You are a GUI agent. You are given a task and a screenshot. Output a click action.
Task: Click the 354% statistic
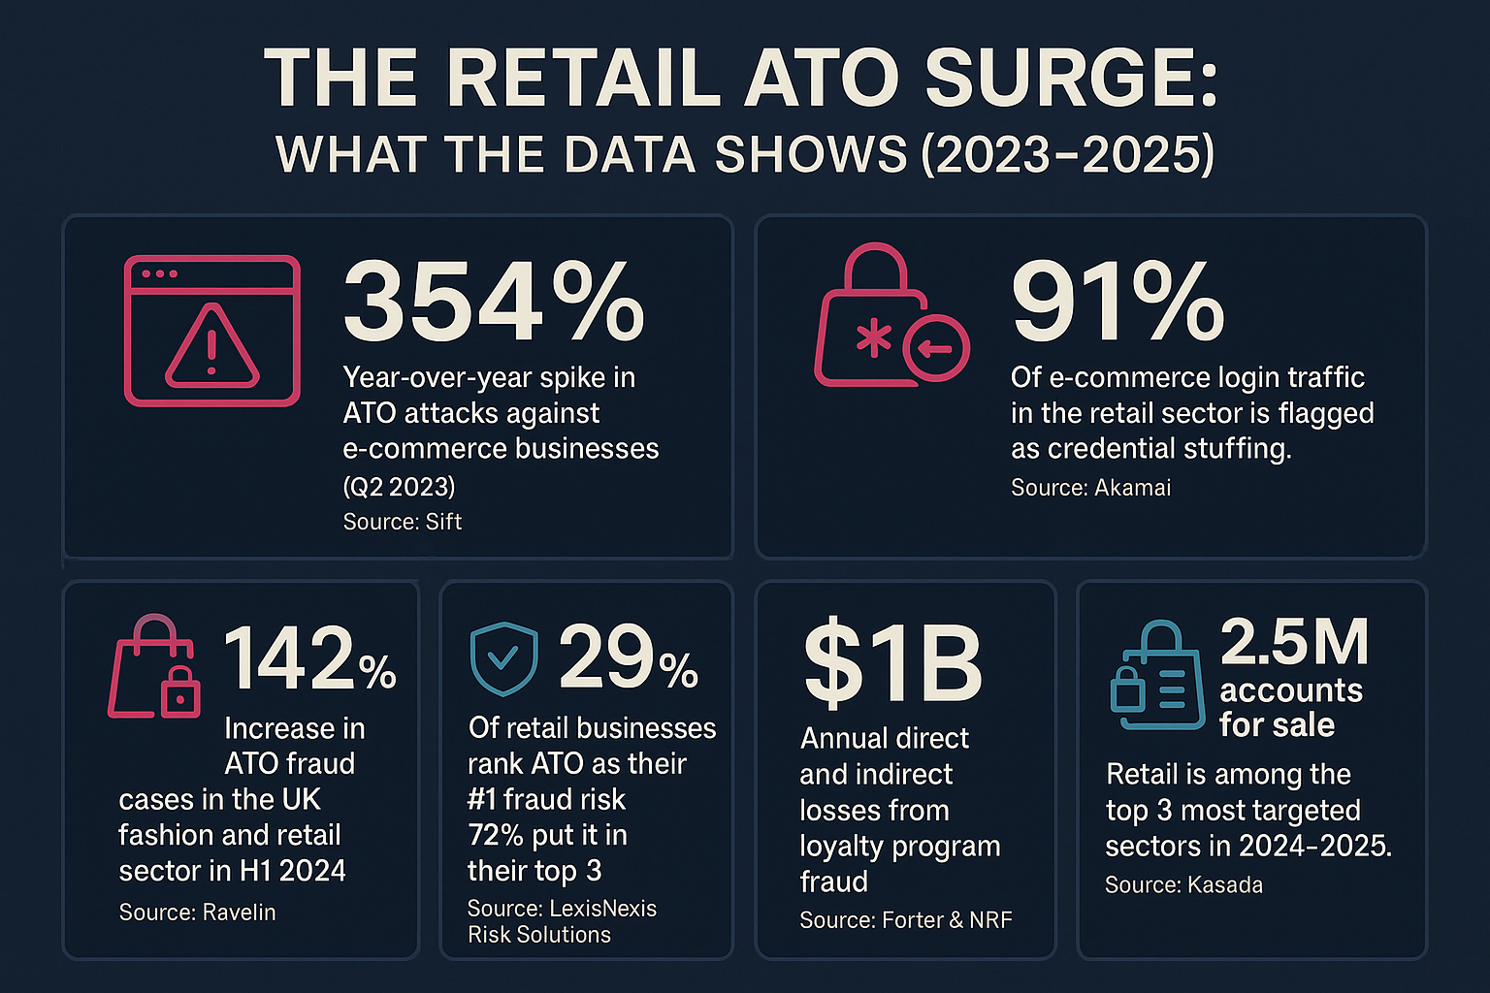[493, 302]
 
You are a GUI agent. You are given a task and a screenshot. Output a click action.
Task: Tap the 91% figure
[1117, 302]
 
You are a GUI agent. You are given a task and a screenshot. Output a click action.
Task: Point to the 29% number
[628, 658]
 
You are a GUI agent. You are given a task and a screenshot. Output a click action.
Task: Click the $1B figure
[892, 665]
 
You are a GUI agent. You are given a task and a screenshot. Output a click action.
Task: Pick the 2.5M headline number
[1294, 642]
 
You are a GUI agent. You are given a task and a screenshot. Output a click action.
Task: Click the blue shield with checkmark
[503, 658]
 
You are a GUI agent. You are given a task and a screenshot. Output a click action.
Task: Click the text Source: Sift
[402, 522]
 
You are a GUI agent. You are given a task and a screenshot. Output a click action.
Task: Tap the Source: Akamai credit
[1090, 488]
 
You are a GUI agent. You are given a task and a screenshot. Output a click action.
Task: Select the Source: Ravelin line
[197, 913]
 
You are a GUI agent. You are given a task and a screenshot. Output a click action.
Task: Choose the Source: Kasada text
[1183, 884]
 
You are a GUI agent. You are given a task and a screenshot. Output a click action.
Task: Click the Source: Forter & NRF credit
[905, 920]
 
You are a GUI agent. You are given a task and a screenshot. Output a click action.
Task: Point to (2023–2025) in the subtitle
[1068, 155]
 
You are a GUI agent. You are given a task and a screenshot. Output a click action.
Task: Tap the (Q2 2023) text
[399, 485]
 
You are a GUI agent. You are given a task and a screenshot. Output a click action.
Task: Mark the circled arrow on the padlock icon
[936, 347]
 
